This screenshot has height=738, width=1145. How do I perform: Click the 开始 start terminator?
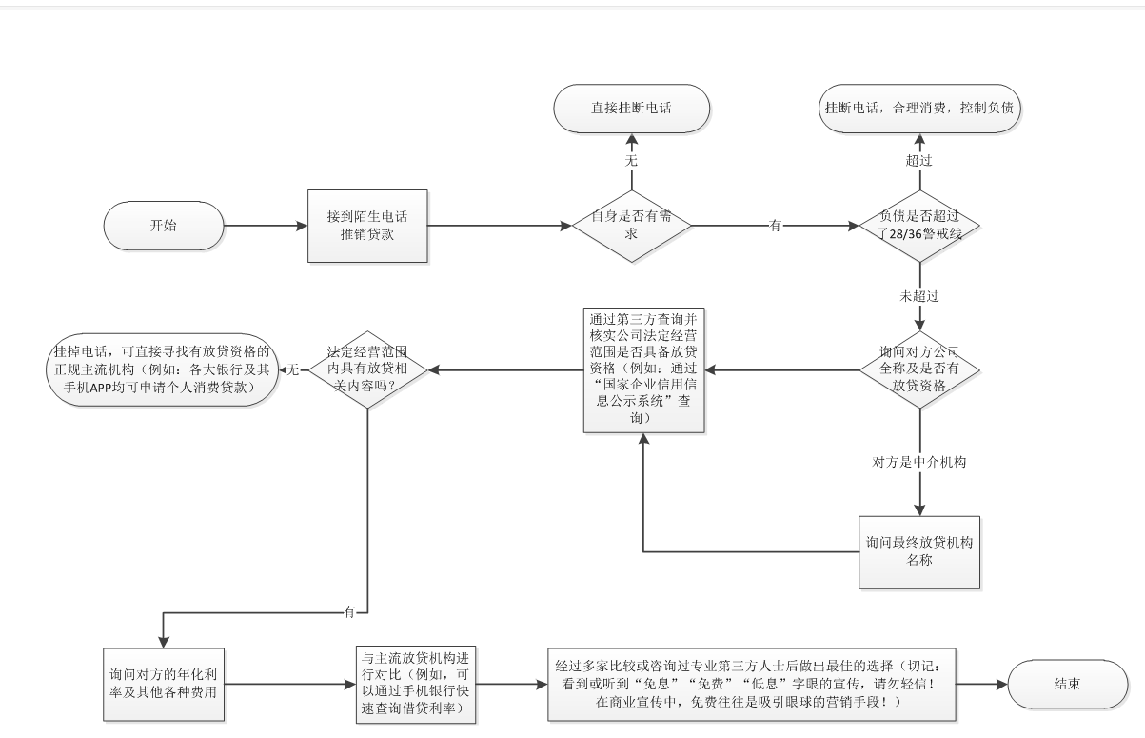click(164, 226)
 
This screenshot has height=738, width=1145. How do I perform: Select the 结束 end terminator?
click(1067, 684)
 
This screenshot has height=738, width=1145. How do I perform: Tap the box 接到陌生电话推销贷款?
click(367, 226)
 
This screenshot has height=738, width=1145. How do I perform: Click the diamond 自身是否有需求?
click(631, 226)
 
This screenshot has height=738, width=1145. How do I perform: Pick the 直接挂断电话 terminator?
click(631, 109)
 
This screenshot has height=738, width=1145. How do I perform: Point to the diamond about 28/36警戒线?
click(919, 226)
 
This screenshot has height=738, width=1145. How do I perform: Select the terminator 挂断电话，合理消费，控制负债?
click(919, 109)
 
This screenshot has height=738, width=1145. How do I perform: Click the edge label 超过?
click(919, 161)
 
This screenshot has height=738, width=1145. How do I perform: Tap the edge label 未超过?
click(919, 296)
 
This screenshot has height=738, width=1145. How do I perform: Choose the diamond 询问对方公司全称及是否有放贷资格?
click(919, 369)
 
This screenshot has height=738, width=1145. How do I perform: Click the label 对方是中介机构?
click(919, 462)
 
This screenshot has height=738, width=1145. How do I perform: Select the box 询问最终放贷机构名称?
click(919, 552)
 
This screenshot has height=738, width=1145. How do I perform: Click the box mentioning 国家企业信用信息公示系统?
click(644, 370)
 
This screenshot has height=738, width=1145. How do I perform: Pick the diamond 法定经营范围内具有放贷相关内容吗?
click(367, 369)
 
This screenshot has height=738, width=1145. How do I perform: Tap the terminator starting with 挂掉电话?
click(163, 369)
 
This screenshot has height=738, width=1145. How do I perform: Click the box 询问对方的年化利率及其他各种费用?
click(164, 685)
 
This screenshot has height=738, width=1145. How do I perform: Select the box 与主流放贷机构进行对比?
click(416, 685)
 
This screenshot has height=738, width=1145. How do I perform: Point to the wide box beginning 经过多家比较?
click(751, 685)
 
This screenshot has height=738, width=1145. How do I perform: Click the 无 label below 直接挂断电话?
click(631, 161)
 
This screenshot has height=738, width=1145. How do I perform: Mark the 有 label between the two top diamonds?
click(775, 226)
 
